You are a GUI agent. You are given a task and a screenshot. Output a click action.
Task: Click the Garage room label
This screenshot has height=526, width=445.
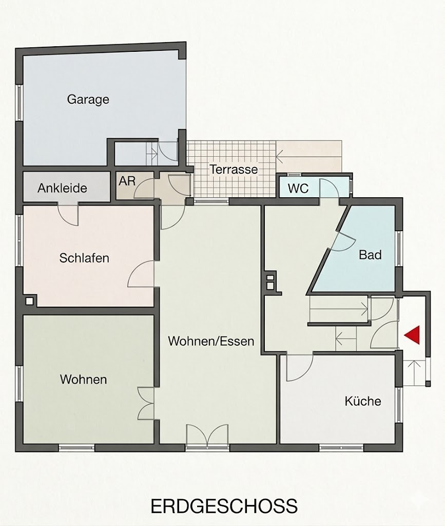click(x=88, y=100)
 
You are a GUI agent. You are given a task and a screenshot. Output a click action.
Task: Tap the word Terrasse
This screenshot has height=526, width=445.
click(x=234, y=170)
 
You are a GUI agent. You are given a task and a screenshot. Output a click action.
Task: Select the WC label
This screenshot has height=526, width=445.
click(x=298, y=189)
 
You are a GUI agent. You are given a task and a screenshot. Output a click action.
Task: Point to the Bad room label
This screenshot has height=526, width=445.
click(x=370, y=255)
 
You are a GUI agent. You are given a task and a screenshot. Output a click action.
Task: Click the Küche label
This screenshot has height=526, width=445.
click(x=363, y=401)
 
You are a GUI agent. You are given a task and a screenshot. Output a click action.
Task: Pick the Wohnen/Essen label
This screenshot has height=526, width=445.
click(x=211, y=341)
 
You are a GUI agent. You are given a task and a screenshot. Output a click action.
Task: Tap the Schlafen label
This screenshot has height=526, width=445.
click(x=84, y=258)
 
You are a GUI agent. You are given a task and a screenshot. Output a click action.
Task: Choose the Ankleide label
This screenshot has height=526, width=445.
click(x=62, y=188)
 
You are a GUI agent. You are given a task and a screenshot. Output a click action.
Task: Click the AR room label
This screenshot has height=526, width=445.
click(x=127, y=181)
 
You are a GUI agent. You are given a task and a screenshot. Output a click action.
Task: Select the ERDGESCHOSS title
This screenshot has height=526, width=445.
click(x=224, y=506)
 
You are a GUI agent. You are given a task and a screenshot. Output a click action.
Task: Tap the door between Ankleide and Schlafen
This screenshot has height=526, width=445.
click(x=68, y=214)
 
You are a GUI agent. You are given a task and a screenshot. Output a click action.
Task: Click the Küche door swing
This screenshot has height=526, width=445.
click(x=300, y=368)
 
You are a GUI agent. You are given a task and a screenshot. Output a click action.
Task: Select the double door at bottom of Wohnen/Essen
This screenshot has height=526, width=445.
click(x=207, y=436)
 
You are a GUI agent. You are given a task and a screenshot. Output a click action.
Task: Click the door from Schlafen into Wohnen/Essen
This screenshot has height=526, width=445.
click(x=141, y=274)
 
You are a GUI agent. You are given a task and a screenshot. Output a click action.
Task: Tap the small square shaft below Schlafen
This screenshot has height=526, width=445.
click(x=29, y=301)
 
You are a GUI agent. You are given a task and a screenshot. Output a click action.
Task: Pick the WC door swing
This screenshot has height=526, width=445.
click(x=328, y=189)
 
